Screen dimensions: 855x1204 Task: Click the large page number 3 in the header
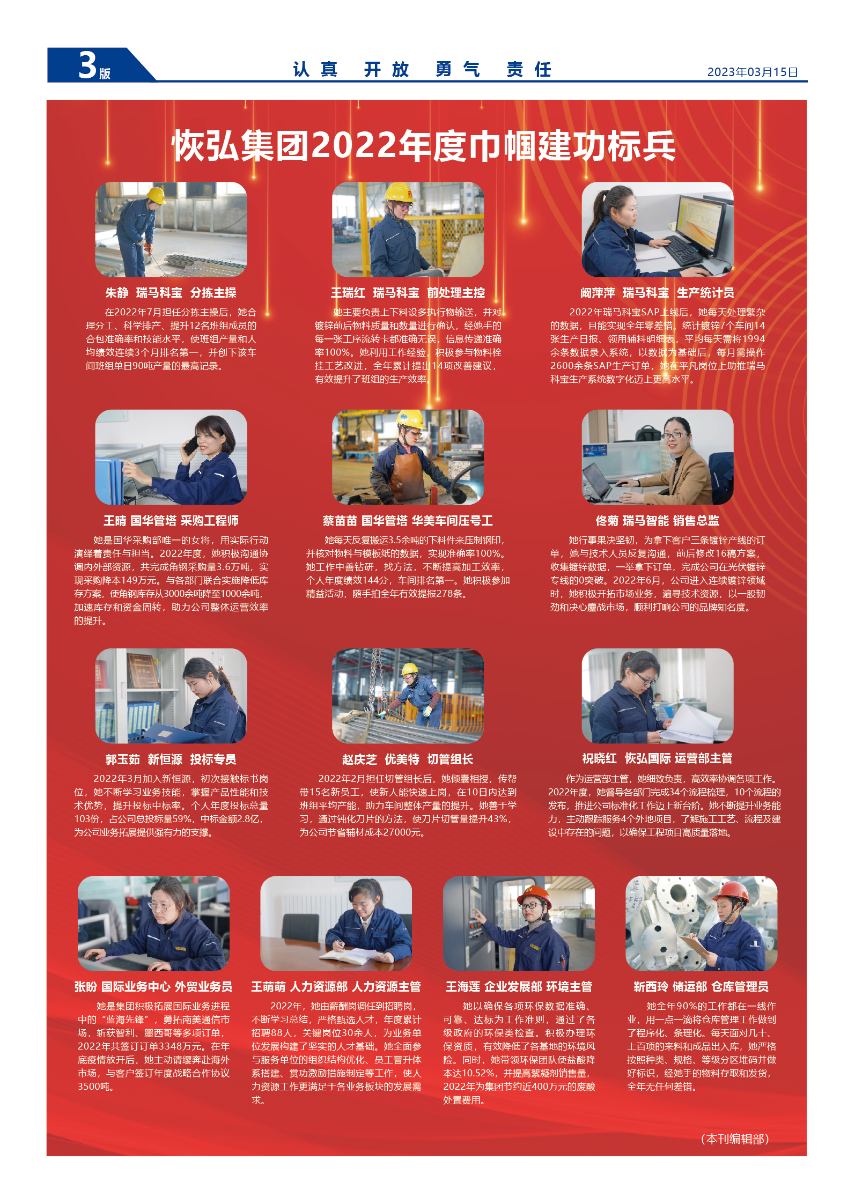pos(87,65)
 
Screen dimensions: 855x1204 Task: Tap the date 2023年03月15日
pos(752,72)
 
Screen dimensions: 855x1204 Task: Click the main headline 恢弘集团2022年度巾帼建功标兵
pos(423,146)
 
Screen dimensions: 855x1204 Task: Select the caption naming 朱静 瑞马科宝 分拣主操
pos(171,293)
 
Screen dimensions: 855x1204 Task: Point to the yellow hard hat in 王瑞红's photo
pos(400,192)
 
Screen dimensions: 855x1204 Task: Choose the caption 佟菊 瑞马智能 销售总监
pos(657,521)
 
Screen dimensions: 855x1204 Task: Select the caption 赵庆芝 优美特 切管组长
pos(408,759)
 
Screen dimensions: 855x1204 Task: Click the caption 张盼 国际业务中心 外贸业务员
pos(153,987)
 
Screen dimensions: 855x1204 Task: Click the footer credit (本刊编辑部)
pos(735,1139)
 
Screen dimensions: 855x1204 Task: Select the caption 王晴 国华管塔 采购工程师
pos(171,521)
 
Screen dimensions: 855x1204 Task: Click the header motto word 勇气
pos(458,70)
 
